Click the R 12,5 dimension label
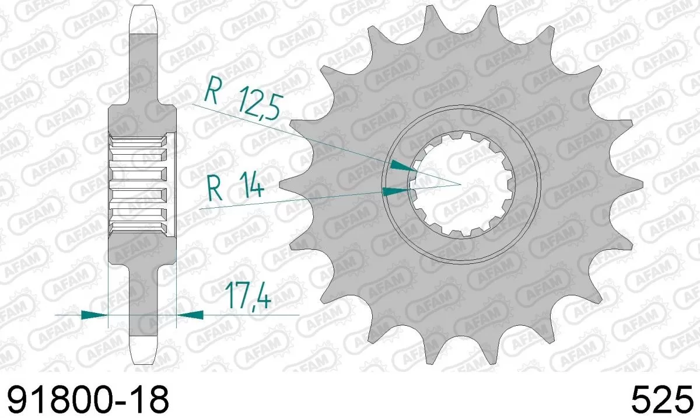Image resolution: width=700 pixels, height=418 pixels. [244, 100]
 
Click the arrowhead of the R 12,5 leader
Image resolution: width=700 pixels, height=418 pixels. [403, 166]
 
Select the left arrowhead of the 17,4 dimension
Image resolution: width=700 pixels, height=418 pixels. [96, 315]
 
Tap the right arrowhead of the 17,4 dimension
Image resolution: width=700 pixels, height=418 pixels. [190, 315]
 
